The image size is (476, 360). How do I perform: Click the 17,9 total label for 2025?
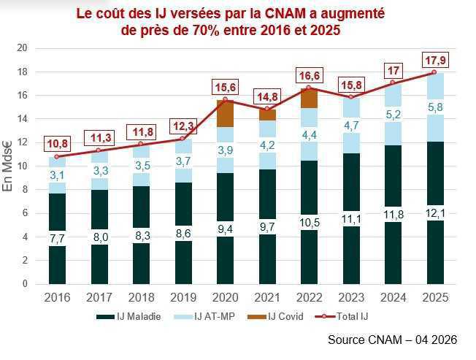434,59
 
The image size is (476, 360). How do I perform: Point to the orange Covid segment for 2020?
226,113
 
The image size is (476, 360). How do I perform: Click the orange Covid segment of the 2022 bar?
309,98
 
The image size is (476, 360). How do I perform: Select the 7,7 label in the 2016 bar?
58,239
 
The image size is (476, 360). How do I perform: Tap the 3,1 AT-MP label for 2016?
58,175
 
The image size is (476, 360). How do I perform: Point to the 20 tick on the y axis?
22,48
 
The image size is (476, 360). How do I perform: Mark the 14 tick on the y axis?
22,119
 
